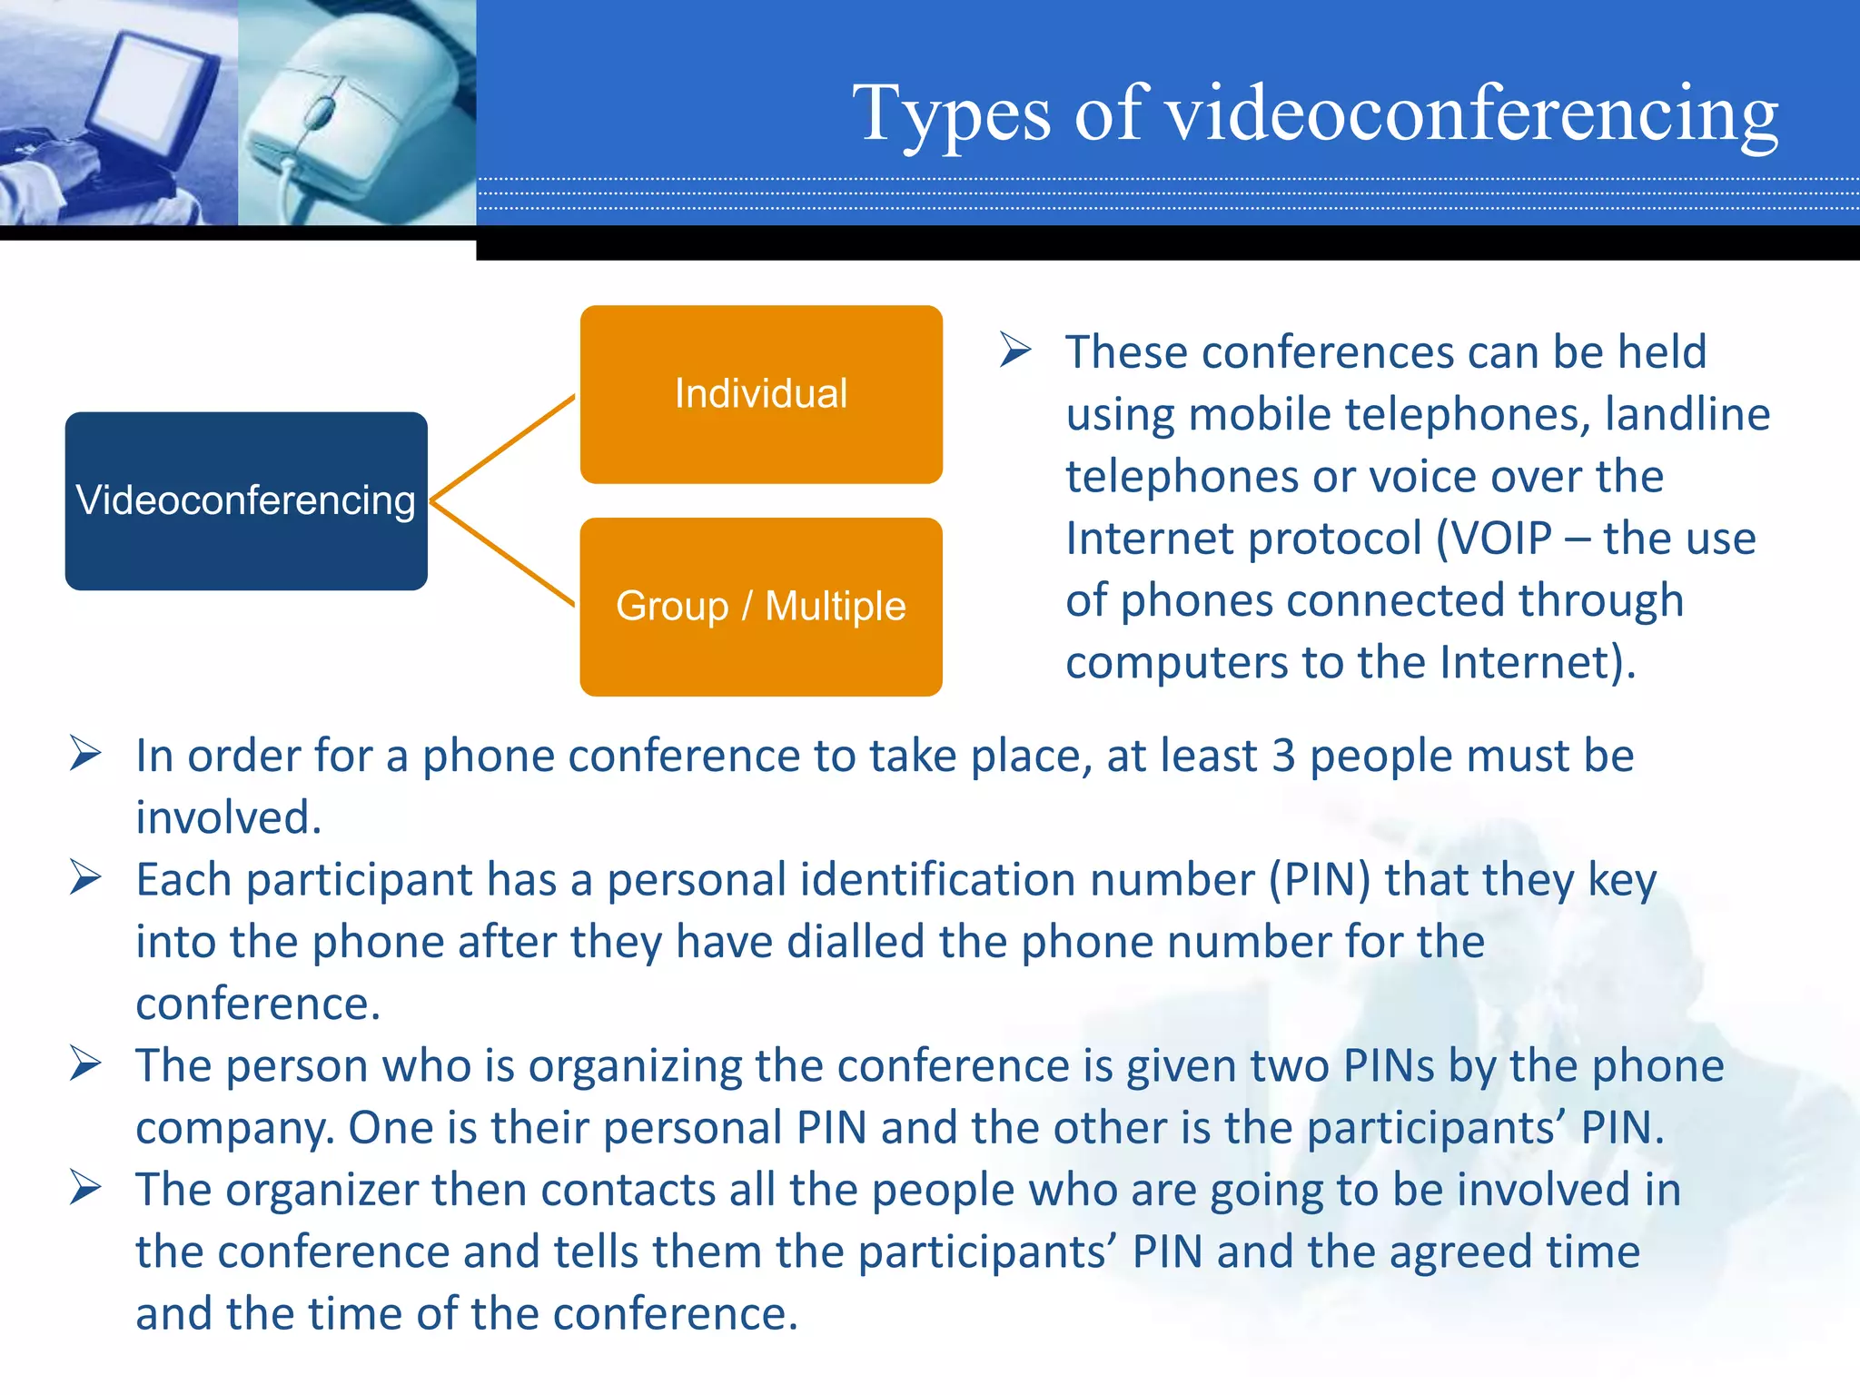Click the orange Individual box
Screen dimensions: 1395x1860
pos(761,394)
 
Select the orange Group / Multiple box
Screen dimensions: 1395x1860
pos(761,607)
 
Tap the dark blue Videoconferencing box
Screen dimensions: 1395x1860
pos(246,500)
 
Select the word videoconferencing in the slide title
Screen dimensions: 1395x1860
pos(1471,116)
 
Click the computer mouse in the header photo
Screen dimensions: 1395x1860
pos(354,109)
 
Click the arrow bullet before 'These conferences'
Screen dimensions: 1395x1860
pos(1015,350)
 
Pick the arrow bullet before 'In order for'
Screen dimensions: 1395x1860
pos(85,754)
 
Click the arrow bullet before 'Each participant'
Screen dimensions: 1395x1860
pos(85,878)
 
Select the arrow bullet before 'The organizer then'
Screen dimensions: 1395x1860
pos(85,1188)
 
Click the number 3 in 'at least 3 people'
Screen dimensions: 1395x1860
pos(1283,757)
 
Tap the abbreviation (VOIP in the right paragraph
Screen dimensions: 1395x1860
pos(1494,539)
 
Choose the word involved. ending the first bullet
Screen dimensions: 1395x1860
pos(229,817)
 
